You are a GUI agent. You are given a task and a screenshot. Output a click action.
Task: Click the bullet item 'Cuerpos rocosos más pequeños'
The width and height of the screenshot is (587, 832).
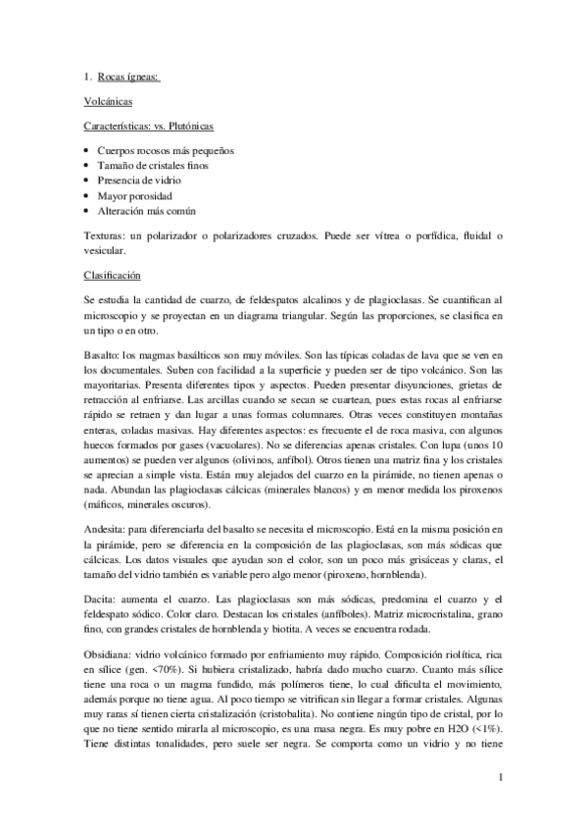(165, 151)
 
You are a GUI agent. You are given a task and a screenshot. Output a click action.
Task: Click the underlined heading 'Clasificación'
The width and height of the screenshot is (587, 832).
(112, 276)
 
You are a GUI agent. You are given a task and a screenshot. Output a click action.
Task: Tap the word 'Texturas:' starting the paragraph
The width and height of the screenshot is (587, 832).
(105, 236)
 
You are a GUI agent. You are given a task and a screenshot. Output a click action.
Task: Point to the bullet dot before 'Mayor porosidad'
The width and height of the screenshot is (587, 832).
(87, 196)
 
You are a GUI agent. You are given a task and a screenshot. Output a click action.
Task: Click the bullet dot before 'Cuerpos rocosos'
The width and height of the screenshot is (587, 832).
(87, 151)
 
